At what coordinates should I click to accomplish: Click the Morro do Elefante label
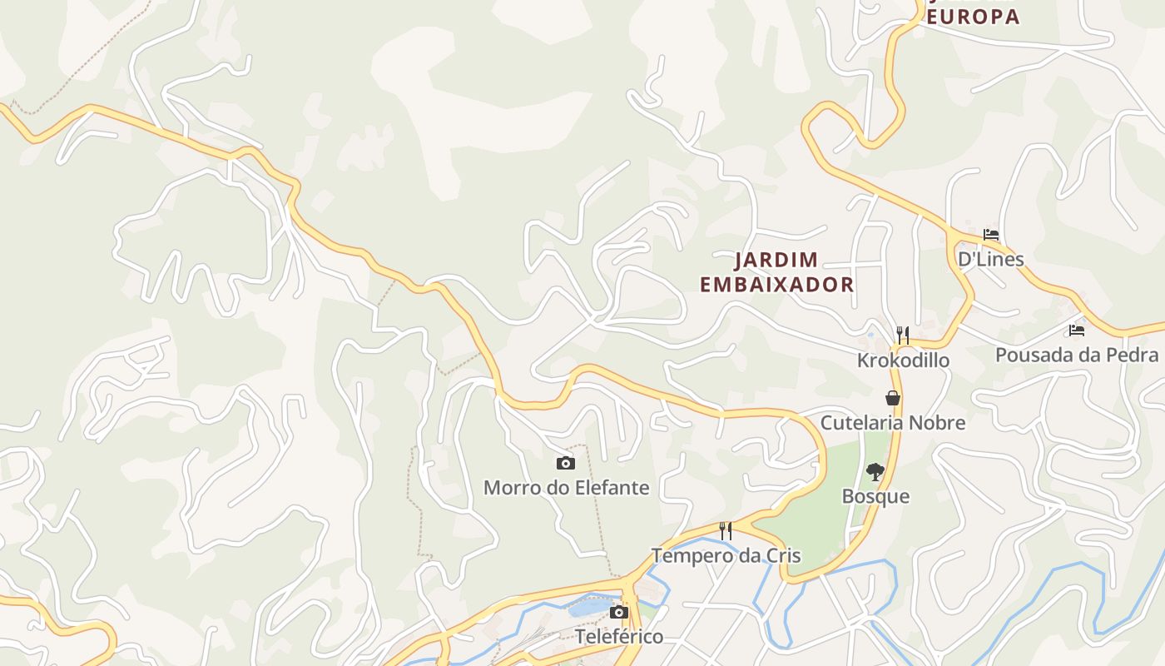(566, 487)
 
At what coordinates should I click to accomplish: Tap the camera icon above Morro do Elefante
(566, 463)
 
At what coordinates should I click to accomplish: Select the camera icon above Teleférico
(618, 613)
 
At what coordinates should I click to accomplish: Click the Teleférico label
(619, 637)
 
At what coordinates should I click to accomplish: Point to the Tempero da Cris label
(726, 555)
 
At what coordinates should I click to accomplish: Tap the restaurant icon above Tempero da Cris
(726, 530)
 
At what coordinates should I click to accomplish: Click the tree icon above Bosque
(875, 472)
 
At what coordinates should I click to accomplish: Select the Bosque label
(875, 496)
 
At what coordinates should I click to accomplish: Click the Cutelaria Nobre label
(893, 422)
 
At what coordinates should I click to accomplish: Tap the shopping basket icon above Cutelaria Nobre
(893, 398)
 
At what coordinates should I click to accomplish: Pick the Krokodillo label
(903, 360)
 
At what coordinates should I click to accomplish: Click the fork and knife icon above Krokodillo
(903, 335)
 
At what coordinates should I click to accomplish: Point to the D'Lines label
(990, 259)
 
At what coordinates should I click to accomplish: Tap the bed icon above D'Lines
(990, 235)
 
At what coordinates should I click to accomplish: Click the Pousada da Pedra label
(1077, 355)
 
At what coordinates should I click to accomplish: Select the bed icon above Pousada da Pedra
(1077, 331)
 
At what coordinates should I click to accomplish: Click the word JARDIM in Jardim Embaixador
(776, 261)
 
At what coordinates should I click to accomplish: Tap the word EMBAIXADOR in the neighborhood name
(776, 285)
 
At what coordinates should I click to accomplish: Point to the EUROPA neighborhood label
(973, 17)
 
